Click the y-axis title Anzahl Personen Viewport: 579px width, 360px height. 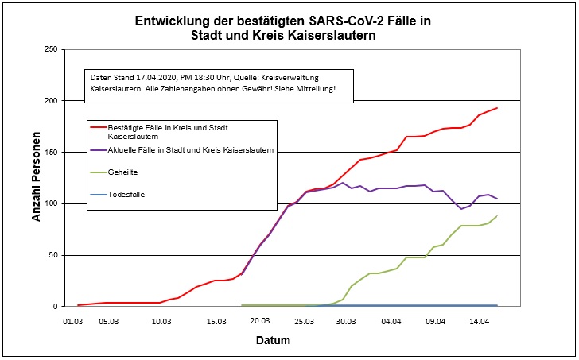pos(35,178)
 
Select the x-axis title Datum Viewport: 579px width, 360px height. pos(273,341)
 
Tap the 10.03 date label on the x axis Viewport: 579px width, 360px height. pos(161,322)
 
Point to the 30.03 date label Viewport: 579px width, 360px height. pos(346,322)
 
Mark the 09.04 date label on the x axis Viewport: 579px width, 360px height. pos(434,322)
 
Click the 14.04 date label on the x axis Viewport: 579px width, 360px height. pos(479,322)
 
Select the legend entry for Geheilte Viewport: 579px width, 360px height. pos(123,171)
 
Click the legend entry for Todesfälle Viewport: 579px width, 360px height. pos(126,194)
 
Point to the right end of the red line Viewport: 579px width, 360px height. pos(497,108)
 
